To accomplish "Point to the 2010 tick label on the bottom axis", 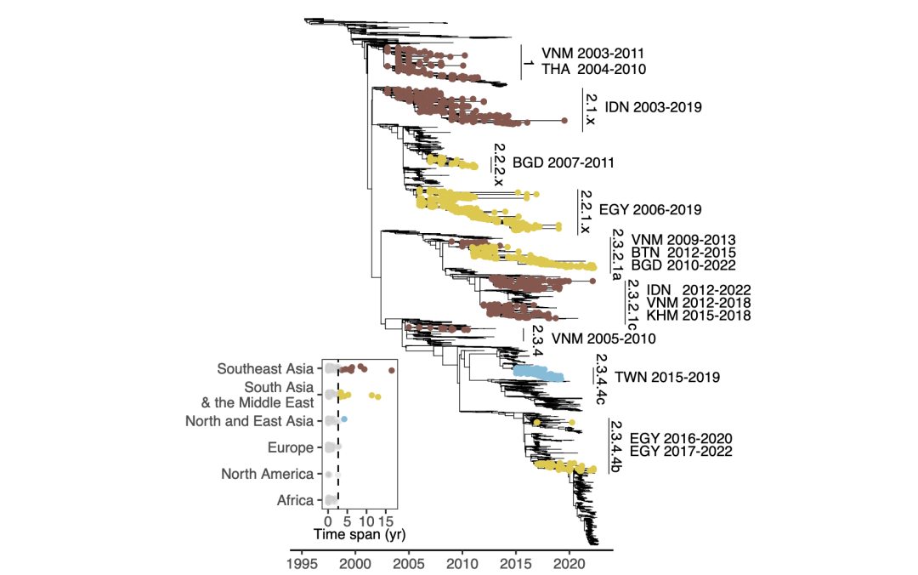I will (x=462, y=563).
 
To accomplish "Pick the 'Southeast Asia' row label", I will (x=264, y=369).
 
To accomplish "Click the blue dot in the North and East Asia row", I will (x=343, y=420).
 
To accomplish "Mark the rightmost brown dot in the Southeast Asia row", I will (x=392, y=370).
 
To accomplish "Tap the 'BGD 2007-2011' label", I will (x=564, y=162).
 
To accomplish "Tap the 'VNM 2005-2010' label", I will (x=603, y=339).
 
